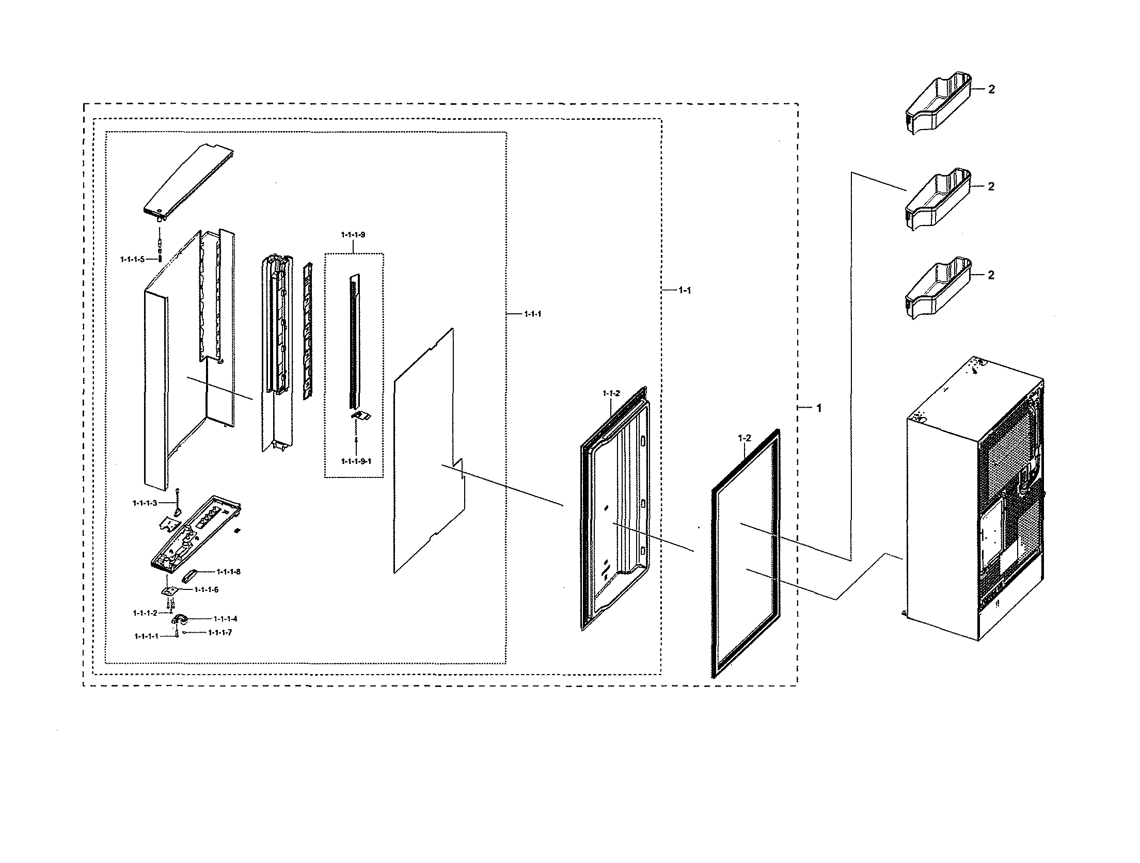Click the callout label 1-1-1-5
[x=132, y=259]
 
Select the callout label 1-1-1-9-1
[x=356, y=461]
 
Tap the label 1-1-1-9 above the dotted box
[x=353, y=235]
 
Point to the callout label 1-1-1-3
[x=145, y=503]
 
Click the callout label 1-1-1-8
[x=228, y=571]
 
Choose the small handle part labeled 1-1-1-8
[x=191, y=575]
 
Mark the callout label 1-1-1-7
[x=220, y=632]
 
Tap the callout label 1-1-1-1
[x=146, y=636]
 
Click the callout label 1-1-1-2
[x=145, y=613]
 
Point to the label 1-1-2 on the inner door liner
[x=611, y=393]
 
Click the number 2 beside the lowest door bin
[x=990, y=275]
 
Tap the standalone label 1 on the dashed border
[x=818, y=408]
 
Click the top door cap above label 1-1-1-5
[x=189, y=183]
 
